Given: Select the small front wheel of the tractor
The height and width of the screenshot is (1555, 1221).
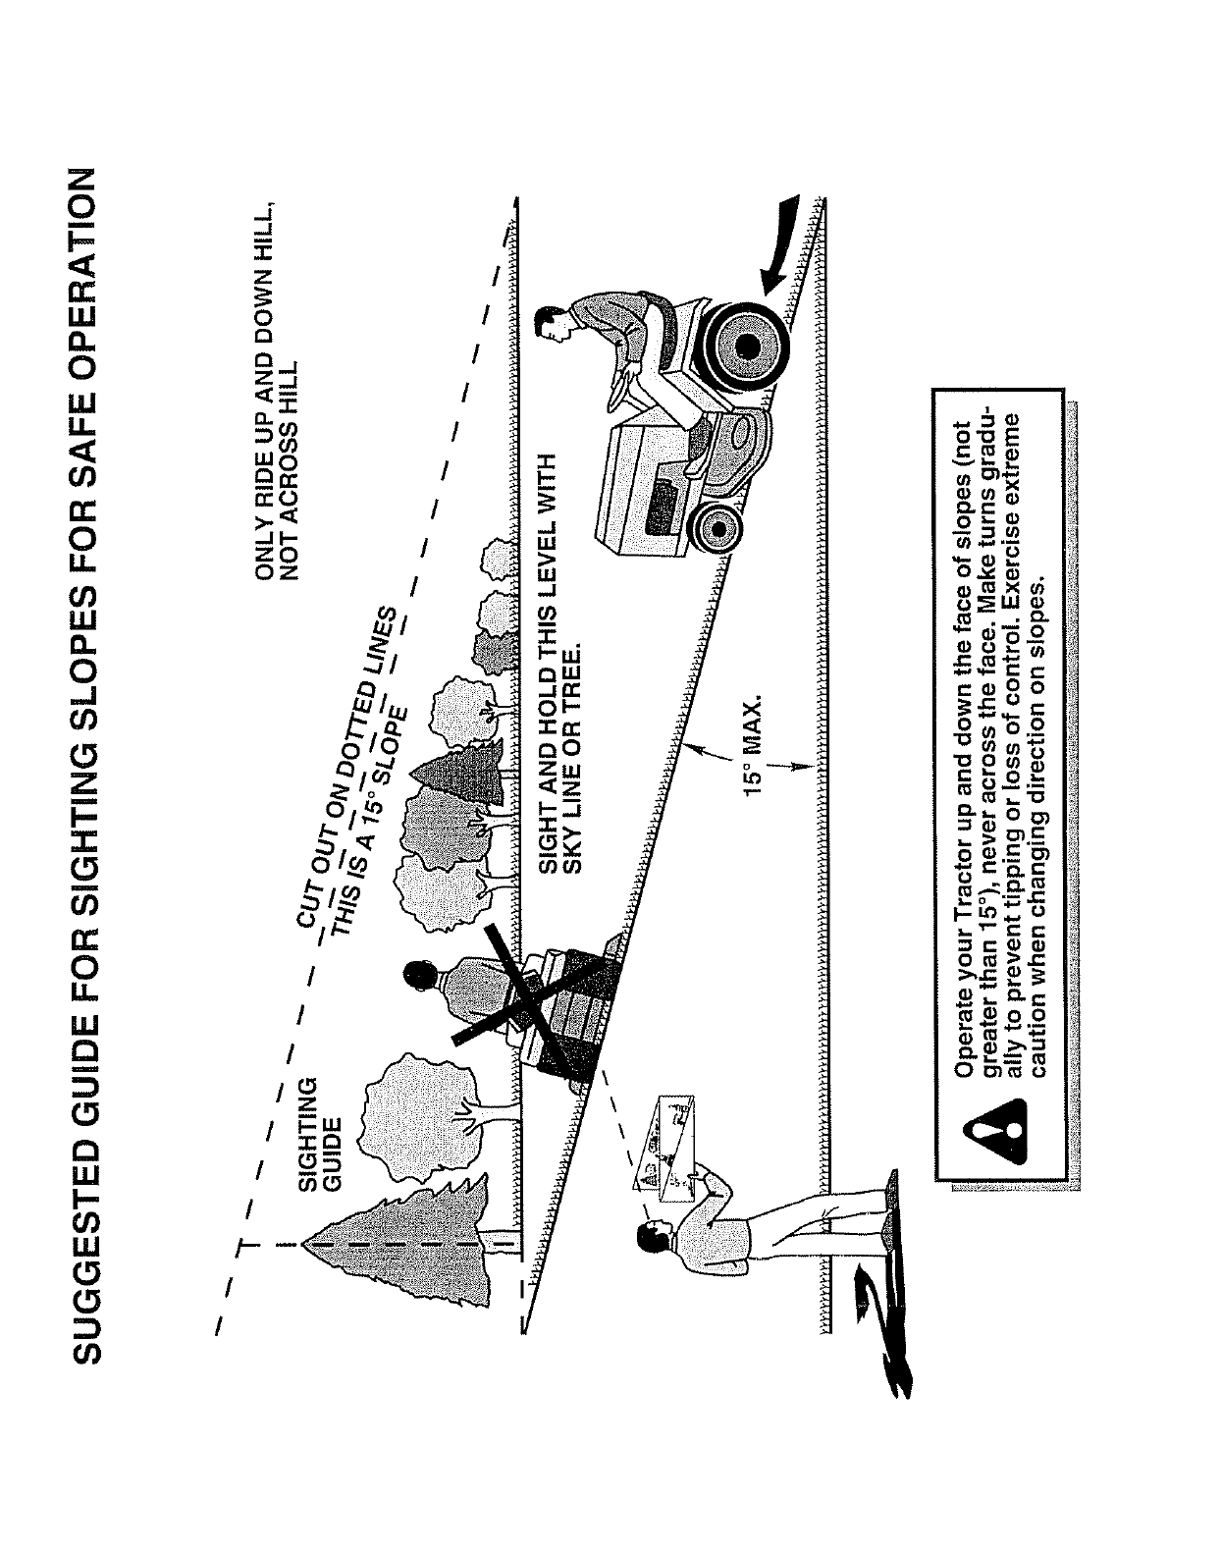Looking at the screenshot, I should pos(719,529).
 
